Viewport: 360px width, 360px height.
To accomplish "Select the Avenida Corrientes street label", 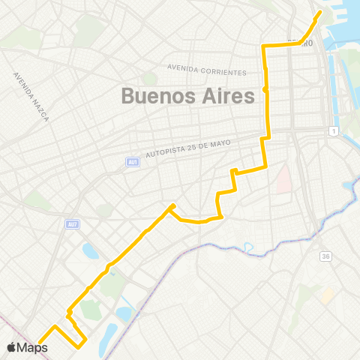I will (x=207, y=69).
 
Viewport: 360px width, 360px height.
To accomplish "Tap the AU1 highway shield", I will (x=132, y=160).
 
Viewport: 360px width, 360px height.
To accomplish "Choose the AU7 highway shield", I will (x=72, y=223).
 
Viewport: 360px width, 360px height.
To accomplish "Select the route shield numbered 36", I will (x=325, y=256).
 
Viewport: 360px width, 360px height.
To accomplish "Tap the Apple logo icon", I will (x=13, y=347).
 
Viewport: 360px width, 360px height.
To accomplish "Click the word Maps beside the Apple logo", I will (x=33, y=347).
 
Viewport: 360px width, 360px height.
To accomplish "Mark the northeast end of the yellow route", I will (x=319, y=13).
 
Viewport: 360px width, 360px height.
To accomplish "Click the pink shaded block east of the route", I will (x=283, y=178).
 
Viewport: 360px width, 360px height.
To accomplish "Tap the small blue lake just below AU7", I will (x=90, y=250).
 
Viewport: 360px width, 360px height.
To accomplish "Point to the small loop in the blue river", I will (x=247, y=247).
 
